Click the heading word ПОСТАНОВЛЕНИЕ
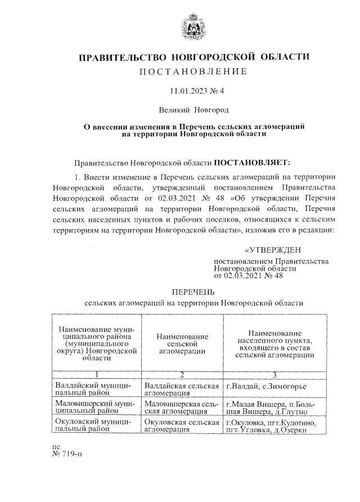coord(193,71)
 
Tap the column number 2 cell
coord(182,375)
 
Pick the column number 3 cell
coord(274,375)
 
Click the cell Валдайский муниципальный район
coord(96,389)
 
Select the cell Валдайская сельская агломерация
coord(181,389)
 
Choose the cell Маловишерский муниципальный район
coord(96,407)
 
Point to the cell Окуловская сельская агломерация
coord(181,425)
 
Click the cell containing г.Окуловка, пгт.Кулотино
coord(274,425)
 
